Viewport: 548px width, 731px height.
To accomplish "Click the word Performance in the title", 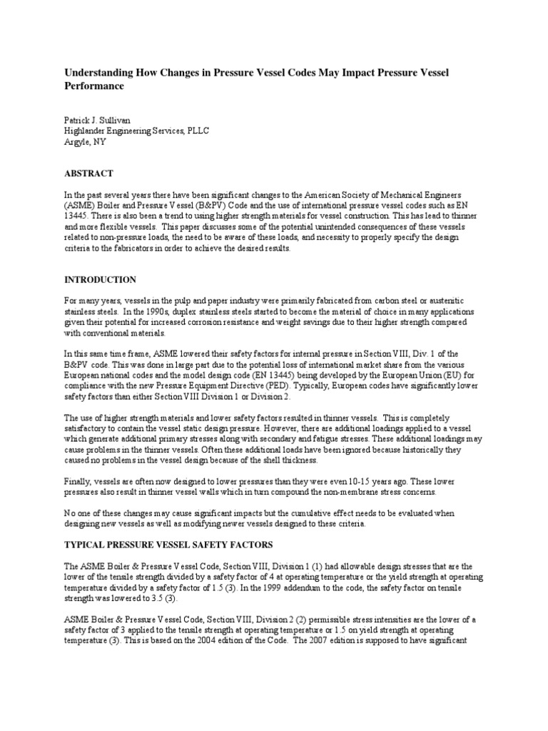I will point(95,86).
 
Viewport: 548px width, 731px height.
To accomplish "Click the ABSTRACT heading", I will point(88,173).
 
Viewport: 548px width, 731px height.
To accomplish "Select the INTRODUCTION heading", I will point(100,279).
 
